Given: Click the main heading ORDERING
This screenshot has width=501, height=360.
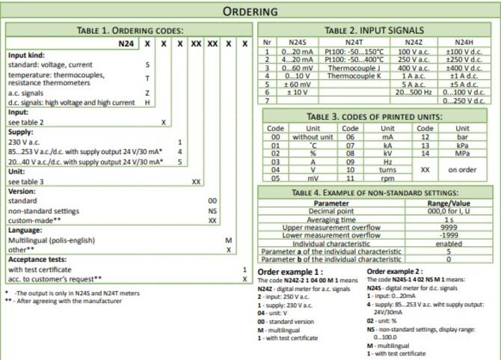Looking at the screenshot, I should click(x=250, y=11).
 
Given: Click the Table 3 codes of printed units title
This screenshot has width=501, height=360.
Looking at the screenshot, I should click(x=380, y=117).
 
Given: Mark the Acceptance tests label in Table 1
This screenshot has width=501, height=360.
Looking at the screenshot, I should click(x=37, y=258).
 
